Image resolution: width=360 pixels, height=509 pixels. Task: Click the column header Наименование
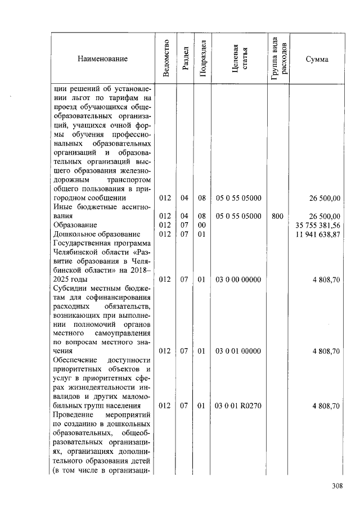click(x=102, y=59)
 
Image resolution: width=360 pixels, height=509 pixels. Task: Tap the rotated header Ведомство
click(x=166, y=59)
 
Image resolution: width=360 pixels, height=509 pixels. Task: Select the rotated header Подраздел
click(x=203, y=59)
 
